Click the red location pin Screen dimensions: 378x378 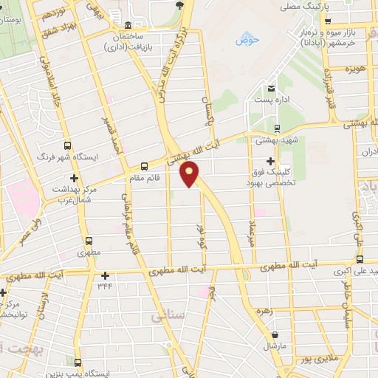click(x=190, y=176)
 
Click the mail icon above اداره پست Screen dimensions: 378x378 click(x=272, y=85)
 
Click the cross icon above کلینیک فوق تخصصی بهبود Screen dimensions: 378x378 click(x=270, y=161)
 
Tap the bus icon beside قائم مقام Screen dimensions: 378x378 click(x=144, y=165)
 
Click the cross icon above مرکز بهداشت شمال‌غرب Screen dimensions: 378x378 click(x=73, y=178)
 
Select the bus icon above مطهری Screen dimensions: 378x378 click(x=89, y=240)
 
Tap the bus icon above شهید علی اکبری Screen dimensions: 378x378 click(x=360, y=259)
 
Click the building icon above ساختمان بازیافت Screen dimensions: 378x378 click(x=128, y=24)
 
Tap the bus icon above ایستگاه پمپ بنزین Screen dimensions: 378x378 click(x=77, y=362)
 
